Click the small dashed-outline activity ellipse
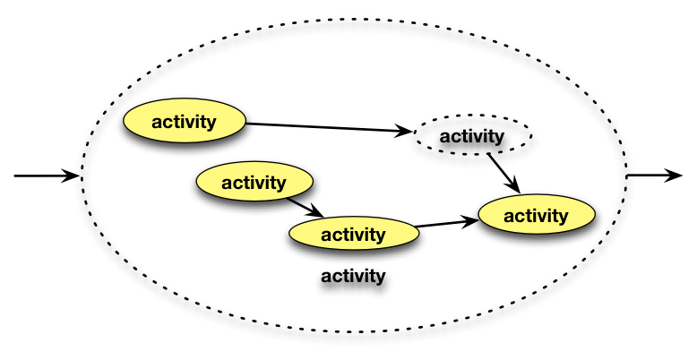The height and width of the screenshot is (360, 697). pos(472,137)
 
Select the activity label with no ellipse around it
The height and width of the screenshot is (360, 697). pos(353,275)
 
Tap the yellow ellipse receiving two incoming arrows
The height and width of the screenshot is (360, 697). pos(536,216)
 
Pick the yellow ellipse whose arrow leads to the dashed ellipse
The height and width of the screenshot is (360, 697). pos(185,122)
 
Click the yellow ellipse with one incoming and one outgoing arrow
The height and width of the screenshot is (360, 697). pos(353,235)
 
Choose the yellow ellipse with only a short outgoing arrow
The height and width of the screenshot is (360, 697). pos(254,183)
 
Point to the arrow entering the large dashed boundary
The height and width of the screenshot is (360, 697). pos(45,176)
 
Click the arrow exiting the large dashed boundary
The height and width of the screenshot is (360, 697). pos(654,176)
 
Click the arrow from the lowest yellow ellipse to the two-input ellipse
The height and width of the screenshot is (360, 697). pos(448,222)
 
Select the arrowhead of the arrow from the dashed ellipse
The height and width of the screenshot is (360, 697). pos(514,186)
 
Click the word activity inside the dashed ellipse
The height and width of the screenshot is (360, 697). pos(472,137)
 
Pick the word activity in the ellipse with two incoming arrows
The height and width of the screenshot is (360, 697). pos(536,216)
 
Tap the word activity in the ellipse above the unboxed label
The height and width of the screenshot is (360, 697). pos(353,235)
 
